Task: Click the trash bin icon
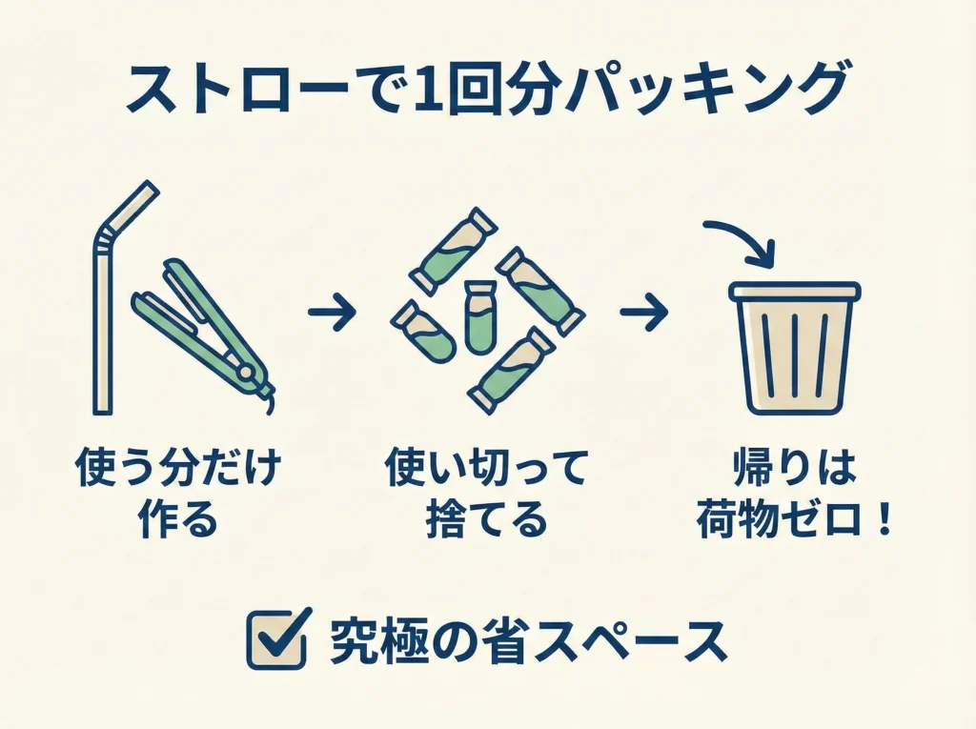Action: click(794, 348)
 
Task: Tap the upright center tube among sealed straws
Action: click(478, 317)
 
